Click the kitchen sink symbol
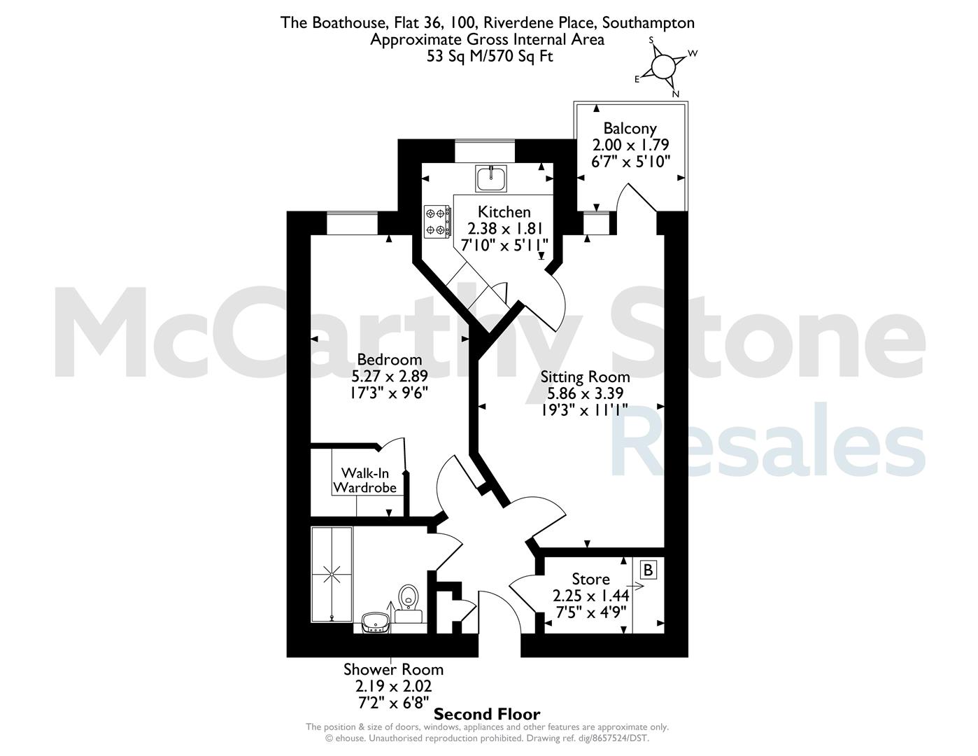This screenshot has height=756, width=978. pyautogui.click(x=491, y=178)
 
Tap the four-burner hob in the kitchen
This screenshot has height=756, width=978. pyautogui.click(x=437, y=221)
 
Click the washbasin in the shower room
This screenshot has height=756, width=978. pyautogui.click(x=374, y=622)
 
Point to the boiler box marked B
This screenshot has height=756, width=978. pyautogui.click(x=648, y=570)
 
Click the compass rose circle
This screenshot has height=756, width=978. pyautogui.click(x=663, y=68)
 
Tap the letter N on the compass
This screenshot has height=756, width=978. pyautogui.click(x=676, y=94)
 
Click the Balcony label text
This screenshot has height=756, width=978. pyautogui.click(x=630, y=128)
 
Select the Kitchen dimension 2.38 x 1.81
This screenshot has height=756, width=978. pyautogui.click(x=504, y=229)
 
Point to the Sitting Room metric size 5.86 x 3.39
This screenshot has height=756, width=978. pyautogui.click(x=585, y=393)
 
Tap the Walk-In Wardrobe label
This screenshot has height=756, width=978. pyautogui.click(x=364, y=480)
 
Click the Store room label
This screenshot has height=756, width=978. pyautogui.click(x=590, y=579)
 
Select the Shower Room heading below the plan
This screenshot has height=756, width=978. pyautogui.click(x=393, y=669)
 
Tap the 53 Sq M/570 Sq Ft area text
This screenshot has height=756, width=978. pyautogui.click(x=490, y=56)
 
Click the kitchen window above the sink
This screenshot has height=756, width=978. pyautogui.click(x=484, y=151)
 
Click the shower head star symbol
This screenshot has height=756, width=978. pyautogui.click(x=332, y=575)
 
